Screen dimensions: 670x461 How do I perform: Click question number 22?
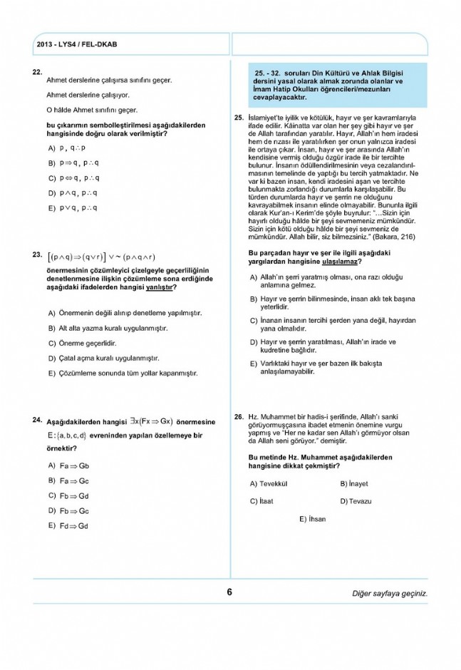tap(37, 72)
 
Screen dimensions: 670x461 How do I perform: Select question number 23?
tap(37, 254)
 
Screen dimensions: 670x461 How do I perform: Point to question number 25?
tap(239, 117)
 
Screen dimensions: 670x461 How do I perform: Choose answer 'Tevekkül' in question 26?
tap(272, 483)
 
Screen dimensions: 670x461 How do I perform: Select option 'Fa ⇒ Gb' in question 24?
tap(73, 465)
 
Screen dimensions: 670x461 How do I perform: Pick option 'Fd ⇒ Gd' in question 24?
tap(73, 526)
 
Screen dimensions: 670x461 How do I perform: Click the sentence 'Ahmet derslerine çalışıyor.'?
tap(87, 95)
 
